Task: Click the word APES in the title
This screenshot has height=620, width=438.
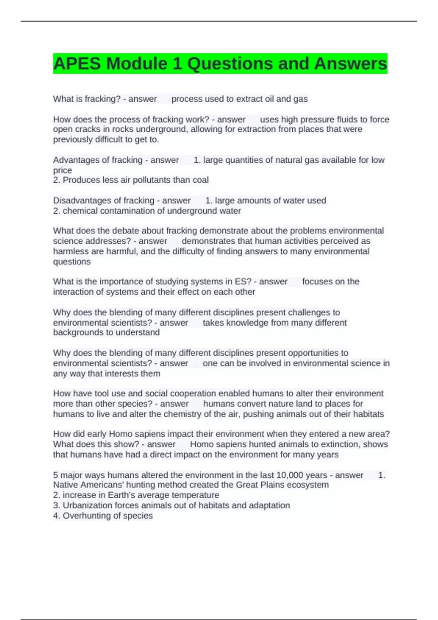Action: coord(77,64)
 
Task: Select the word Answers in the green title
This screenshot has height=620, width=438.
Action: coord(350,64)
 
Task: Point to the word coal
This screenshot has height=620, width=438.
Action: coord(201,180)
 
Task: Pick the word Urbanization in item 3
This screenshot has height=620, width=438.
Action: coord(85,505)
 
